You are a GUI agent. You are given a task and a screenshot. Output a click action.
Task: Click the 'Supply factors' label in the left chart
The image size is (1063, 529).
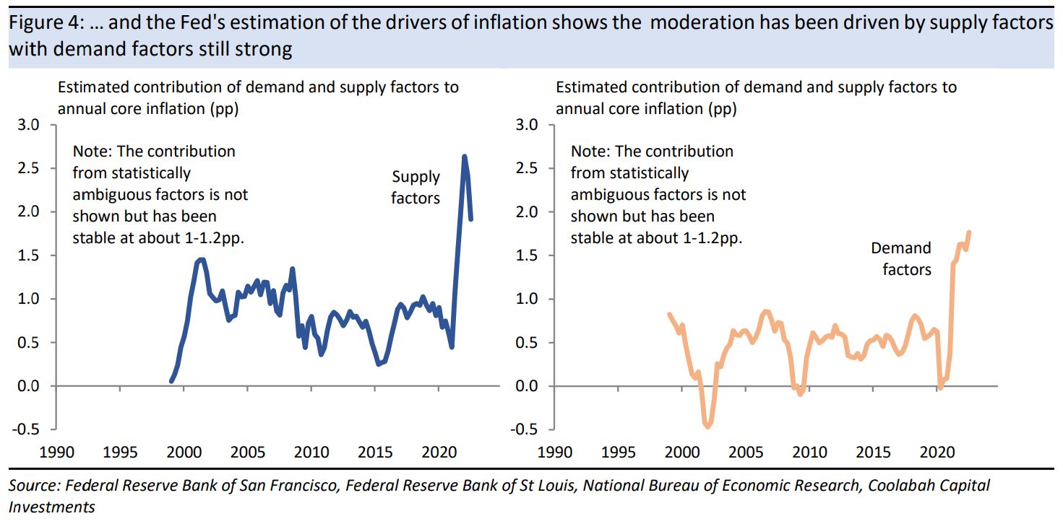(416, 188)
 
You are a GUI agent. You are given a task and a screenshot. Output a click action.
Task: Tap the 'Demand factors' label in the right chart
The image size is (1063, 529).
(900, 259)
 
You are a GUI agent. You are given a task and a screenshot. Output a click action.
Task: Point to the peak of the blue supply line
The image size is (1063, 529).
(464, 156)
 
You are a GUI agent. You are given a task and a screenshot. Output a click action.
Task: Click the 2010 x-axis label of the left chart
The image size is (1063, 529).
(311, 453)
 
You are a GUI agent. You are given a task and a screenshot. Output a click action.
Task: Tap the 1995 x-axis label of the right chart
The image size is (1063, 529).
(619, 453)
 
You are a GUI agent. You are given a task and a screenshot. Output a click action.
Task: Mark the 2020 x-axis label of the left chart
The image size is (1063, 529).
(439, 453)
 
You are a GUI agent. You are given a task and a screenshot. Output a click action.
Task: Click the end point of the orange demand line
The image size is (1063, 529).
(969, 232)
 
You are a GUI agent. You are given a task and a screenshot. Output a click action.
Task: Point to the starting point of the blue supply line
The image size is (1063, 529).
(171, 380)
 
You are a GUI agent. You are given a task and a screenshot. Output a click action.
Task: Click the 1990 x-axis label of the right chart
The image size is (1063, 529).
(554, 453)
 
